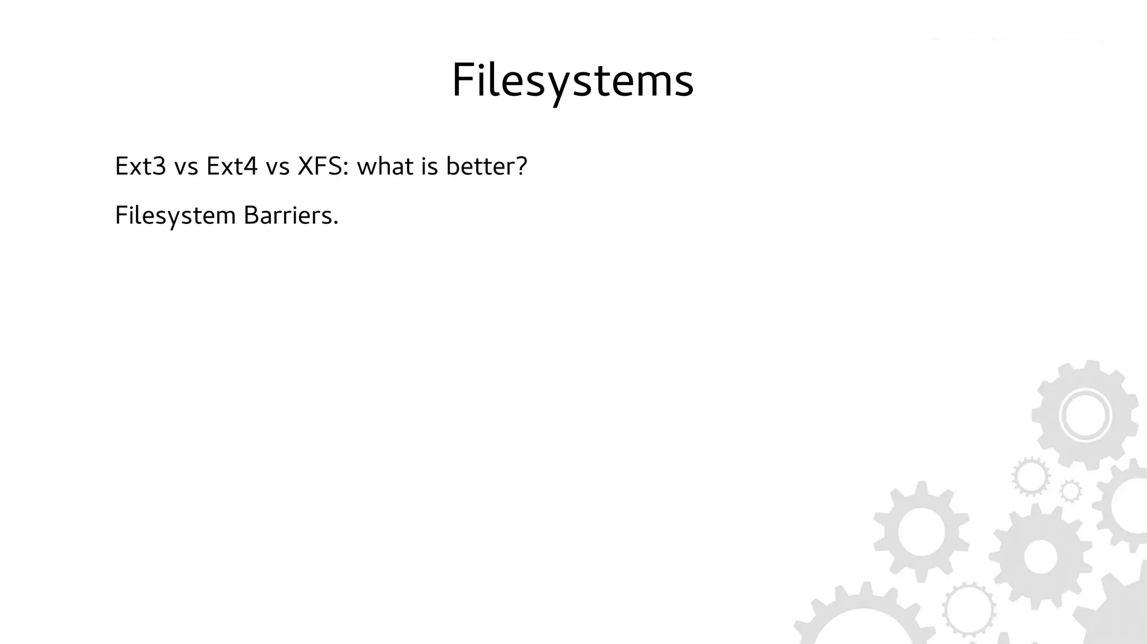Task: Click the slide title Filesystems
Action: [572, 81]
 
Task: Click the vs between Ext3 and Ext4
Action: [186, 167]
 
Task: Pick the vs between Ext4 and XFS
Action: [277, 167]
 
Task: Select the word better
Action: [479, 166]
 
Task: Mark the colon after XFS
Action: [345, 169]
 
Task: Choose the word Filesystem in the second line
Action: [175, 216]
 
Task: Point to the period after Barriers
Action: [336, 223]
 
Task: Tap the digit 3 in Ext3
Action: [161, 166]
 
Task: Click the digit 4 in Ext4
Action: [251, 166]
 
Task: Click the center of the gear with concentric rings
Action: [1085, 416]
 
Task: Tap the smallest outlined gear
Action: [1071, 492]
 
